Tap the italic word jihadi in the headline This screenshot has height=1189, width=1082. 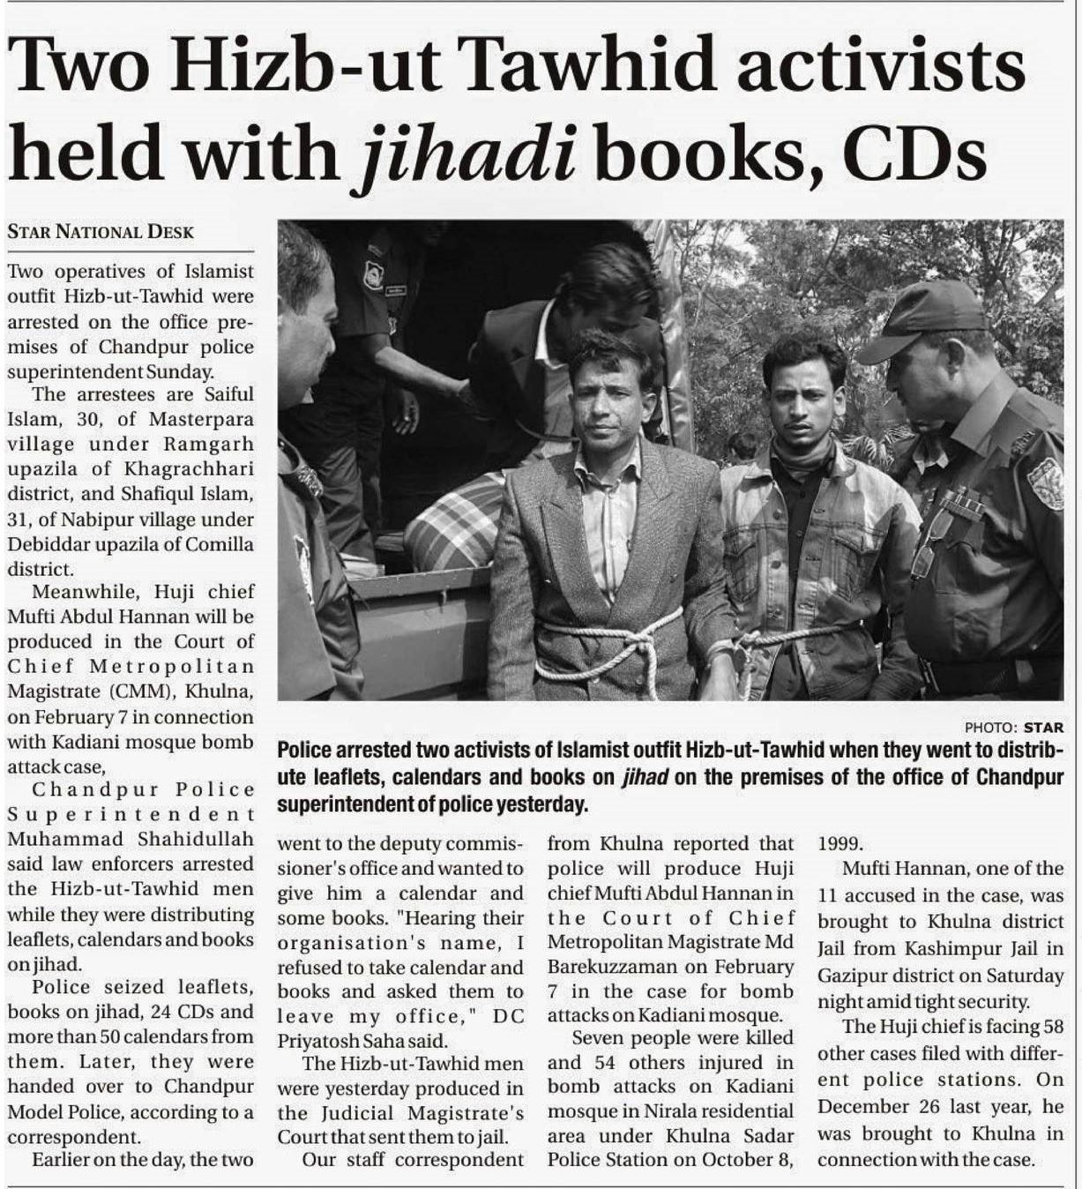(468, 153)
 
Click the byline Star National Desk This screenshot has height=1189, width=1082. (101, 232)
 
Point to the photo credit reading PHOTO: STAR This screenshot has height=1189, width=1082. (1013, 728)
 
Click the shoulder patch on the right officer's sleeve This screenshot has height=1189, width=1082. (1046, 482)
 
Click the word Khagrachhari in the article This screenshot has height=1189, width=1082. (189, 468)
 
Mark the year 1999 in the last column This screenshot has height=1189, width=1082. (840, 843)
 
